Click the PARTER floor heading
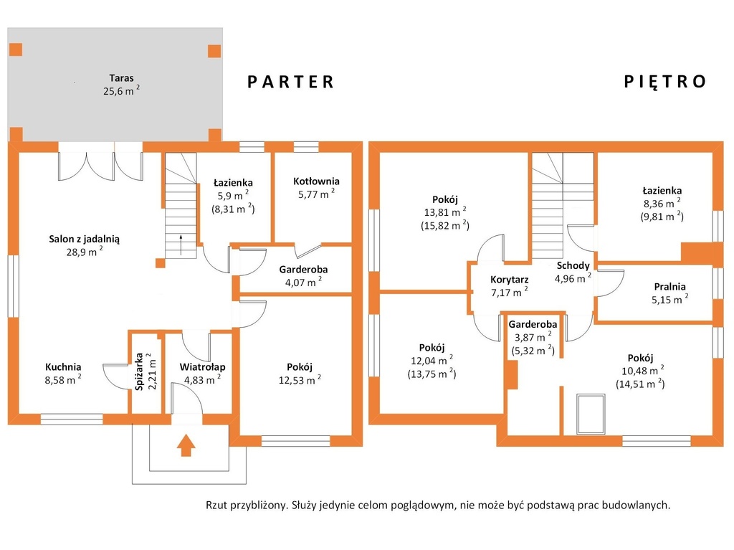pos(290,82)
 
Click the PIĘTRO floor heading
pos(664,82)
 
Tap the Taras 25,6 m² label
pos(121,85)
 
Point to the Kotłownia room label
pos(316,181)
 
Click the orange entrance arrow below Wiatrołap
pos(186,445)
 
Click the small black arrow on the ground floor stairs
pos(181,245)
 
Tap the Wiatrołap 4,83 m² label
pos(202,374)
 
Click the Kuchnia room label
pos(63,367)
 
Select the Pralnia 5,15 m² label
pos(670,293)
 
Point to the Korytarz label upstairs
pos(510,280)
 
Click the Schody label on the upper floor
pos(573,265)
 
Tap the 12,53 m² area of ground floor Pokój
pos(300,380)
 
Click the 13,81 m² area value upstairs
pos(444,212)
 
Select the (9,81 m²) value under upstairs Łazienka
pos(662,217)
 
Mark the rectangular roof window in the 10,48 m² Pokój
pos(591,414)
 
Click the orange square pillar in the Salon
pos(160,263)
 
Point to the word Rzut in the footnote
pos(216,506)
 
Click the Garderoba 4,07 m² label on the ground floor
pos(303,276)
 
